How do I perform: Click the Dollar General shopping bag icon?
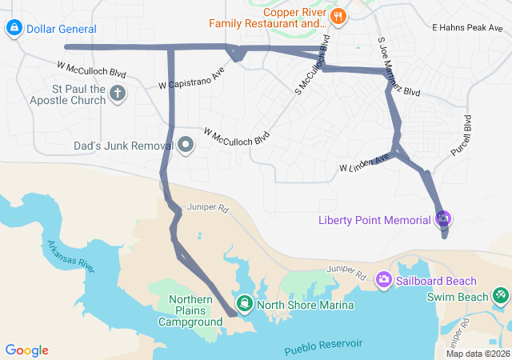click(14, 29)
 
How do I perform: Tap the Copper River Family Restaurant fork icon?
click(338, 16)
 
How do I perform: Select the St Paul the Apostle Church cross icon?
click(118, 94)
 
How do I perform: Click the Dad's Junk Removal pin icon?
click(186, 146)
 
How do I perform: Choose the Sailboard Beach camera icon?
click(384, 280)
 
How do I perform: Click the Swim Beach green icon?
click(501, 296)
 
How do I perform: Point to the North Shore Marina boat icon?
click(244, 304)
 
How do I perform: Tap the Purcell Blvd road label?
click(468, 134)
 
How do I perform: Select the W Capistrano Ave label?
click(191, 78)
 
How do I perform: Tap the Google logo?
click(26, 350)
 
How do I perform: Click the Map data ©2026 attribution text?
click(477, 354)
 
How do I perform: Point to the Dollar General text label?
click(62, 29)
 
